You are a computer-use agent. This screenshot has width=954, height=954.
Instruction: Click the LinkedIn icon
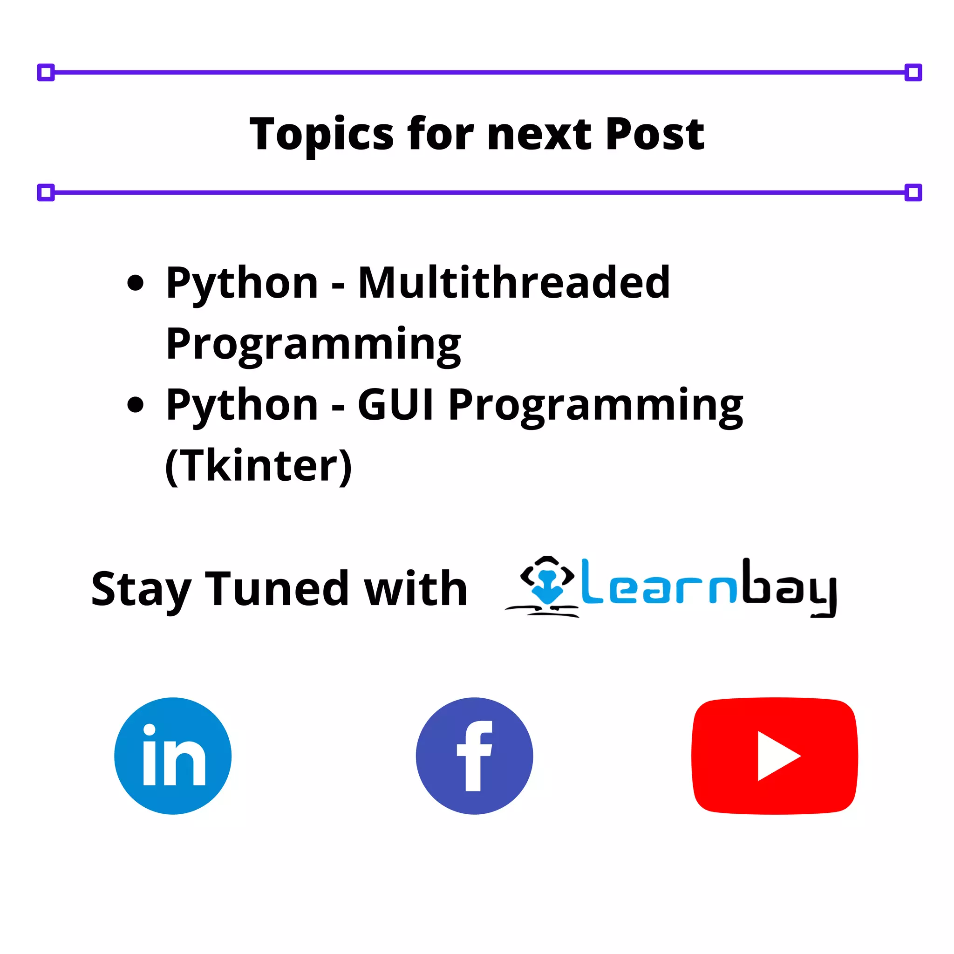point(173,756)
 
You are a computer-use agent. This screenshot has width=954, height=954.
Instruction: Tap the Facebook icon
point(474,756)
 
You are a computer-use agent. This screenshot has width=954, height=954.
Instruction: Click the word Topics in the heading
point(321,134)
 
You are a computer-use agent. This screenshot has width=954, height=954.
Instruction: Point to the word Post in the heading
point(655,134)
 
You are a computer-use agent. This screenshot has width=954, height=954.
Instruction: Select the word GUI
point(395,405)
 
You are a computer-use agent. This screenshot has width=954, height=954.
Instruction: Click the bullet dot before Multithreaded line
point(135,283)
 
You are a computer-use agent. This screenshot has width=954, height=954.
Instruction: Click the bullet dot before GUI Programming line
point(135,405)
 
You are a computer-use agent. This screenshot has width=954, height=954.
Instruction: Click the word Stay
point(141,590)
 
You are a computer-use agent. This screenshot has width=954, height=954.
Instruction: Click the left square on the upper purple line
point(46,73)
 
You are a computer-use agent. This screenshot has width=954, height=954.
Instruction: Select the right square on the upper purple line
point(913,73)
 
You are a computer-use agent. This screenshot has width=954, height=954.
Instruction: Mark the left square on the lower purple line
point(46,192)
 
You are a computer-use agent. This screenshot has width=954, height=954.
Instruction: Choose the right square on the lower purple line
point(913,192)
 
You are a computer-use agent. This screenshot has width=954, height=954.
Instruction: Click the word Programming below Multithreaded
point(313,344)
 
